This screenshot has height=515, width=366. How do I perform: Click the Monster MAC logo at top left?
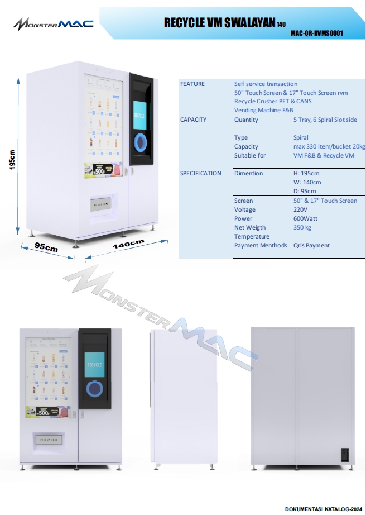pyautogui.click(x=54, y=23)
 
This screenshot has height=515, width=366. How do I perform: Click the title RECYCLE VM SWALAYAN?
pyautogui.click(x=220, y=22)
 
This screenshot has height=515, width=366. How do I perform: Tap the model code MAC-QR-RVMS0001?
pyautogui.click(x=316, y=33)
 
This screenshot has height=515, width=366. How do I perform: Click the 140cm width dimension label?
pyautogui.click(x=128, y=244)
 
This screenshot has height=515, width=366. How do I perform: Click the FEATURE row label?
pyautogui.click(x=192, y=84)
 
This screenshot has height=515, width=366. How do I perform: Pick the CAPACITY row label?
pyautogui.click(x=193, y=120)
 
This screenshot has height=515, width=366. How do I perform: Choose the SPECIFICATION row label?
pyautogui.click(x=200, y=173)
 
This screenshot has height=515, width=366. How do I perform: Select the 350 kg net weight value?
pyautogui.click(x=302, y=227)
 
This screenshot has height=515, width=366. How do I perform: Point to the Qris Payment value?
pyautogui.click(x=311, y=245)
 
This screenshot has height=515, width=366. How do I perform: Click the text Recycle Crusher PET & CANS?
pyautogui.click(x=273, y=102)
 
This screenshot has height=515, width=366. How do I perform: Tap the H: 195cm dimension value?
pyautogui.click(x=306, y=173)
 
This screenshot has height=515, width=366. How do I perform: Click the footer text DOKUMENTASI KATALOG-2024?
pyautogui.click(x=323, y=509)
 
